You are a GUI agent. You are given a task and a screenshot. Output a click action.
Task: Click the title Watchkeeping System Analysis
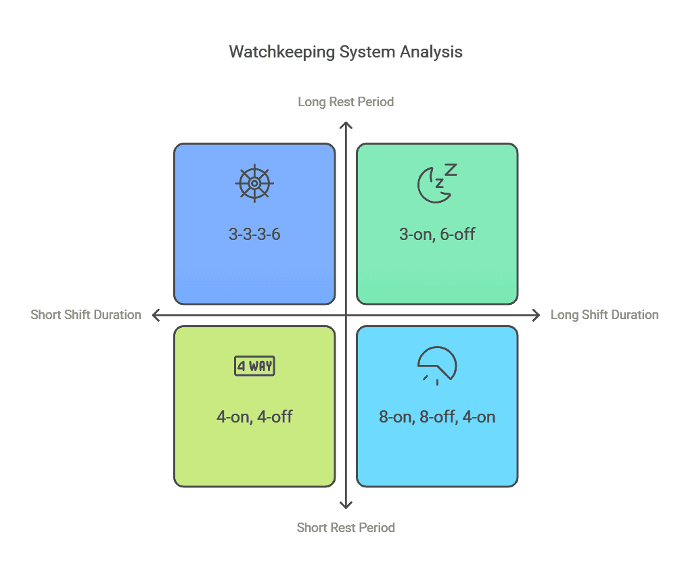pyautogui.click(x=346, y=52)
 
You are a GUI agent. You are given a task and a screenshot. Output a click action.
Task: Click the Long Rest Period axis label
pyautogui.click(x=346, y=101)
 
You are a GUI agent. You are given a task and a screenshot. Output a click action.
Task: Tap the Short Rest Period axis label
pyautogui.click(x=346, y=527)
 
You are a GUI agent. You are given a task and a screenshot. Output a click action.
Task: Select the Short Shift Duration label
pyautogui.click(x=86, y=314)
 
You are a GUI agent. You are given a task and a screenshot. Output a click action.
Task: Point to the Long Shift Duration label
pyautogui.click(x=604, y=314)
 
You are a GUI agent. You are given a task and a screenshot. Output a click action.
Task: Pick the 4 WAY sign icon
pyautogui.click(x=254, y=366)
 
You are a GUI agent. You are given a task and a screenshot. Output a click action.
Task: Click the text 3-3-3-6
pyautogui.click(x=254, y=235)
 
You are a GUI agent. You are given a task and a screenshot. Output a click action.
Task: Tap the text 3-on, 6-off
pyautogui.click(x=437, y=235)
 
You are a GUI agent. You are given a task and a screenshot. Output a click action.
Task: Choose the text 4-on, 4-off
pyautogui.click(x=254, y=416)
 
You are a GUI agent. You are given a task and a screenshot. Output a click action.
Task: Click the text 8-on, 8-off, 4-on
pyautogui.click(x=437, y=416)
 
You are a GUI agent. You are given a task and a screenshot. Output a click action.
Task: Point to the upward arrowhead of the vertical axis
pyautogui.click(x=346, y=125)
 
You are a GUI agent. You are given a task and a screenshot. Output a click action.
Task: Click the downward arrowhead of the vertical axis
pyautogui.click(x=346, y=505)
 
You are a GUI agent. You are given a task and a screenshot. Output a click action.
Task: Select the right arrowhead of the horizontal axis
pyautogui.click(x=537, y=315)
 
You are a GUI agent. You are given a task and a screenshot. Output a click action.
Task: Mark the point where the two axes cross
pyautogui.click(x=346, y=315)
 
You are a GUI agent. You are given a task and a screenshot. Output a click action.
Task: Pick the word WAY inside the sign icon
pyautogui.click(x=260, y=366)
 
